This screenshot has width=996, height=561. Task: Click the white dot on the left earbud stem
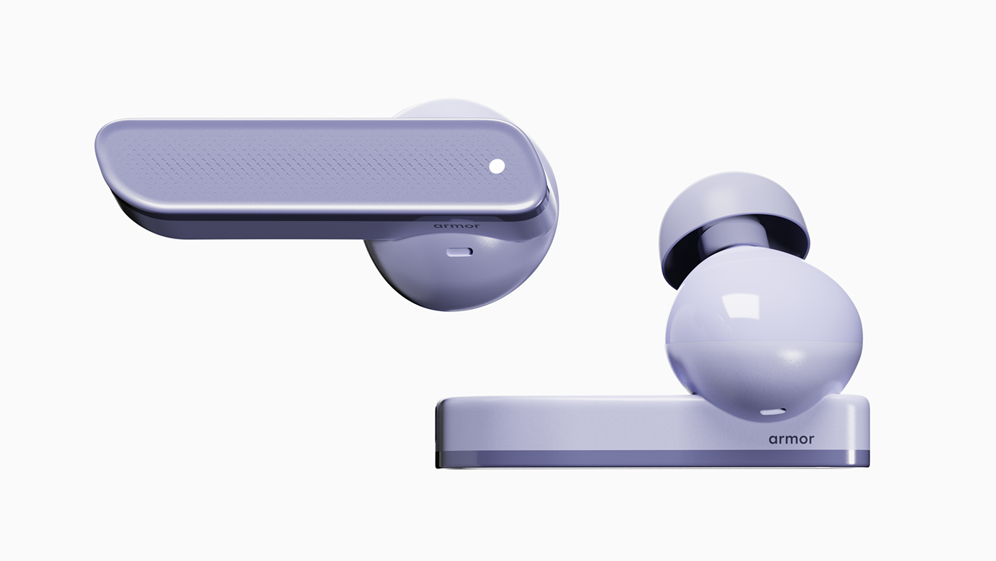tap(497, 166)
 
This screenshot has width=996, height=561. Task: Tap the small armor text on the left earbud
tap(456, 226)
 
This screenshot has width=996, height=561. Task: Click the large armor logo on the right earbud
tap(791, 439)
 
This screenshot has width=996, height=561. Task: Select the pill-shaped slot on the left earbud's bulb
tap(459, 251)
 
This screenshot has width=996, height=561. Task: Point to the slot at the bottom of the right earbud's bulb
tap(771, 411)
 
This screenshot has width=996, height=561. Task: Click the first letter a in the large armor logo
tap(773, 439)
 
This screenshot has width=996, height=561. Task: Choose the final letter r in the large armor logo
tap(810, 439)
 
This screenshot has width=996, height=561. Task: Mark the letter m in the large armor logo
tap(789, 439)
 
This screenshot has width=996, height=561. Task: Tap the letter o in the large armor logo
tap(802, 439)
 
